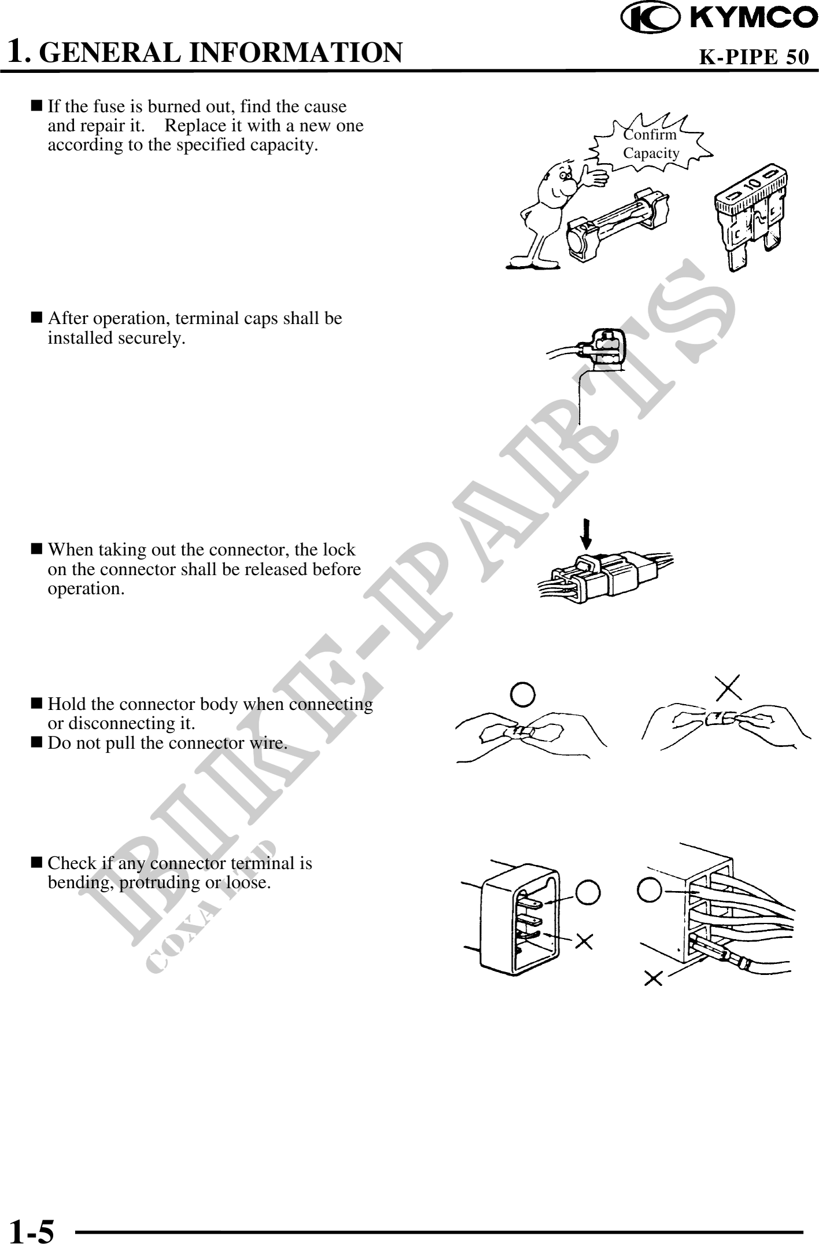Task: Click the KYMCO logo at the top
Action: pyautogui.click(x=720, y=19)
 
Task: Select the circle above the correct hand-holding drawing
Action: pyautogui.click(x=522, y=695)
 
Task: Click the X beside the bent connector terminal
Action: pyautogui.click(x=584, y=942)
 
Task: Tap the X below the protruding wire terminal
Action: pyautogui.click(x=654, y=978)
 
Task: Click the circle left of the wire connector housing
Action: pyautogui.click(x=648, y=890)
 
